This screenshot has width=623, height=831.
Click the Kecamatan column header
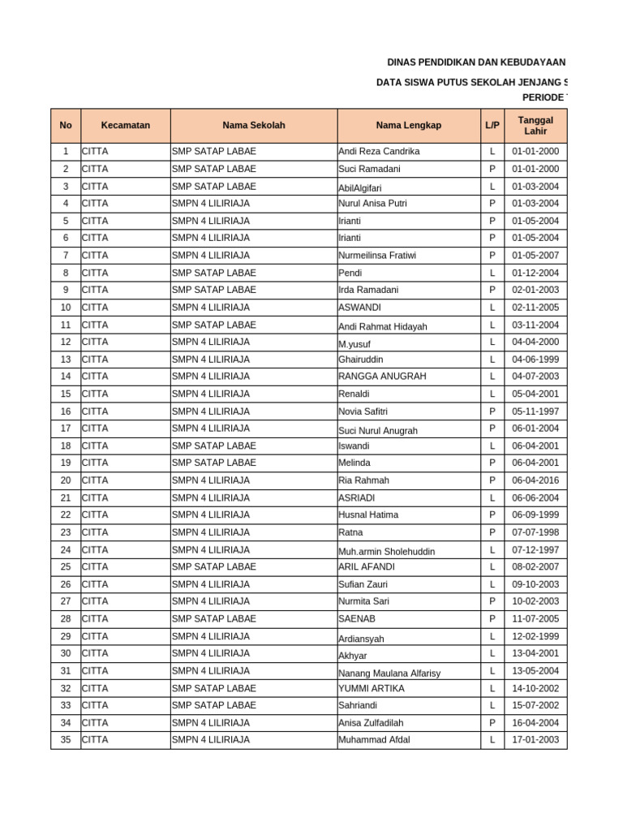click(x=125, y=126)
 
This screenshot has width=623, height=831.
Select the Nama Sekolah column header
click(x=254, y=126)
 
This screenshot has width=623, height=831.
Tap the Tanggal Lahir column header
click(x=535, y=126)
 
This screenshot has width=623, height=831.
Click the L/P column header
click(x=492, y=126)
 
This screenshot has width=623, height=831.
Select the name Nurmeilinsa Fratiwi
click(x=377, y=256)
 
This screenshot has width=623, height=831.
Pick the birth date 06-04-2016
click(x=535, y=480)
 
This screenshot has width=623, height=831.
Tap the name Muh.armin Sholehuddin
click(x=387, y=552)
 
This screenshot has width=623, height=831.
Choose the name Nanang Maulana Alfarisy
click(x=389, y=673)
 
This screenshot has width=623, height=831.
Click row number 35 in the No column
click(x=66, y=740)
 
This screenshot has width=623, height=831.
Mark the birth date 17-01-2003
click(x=535, y=740)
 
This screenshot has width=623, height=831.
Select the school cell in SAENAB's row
click(x=214, y=619)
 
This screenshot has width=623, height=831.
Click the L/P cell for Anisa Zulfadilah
click(x=492, y=723)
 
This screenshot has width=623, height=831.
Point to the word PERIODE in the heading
click(x=543, y=97)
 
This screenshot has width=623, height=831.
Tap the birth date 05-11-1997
click(x=535, y=411)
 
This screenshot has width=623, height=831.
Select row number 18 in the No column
click(x=66, y=446)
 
